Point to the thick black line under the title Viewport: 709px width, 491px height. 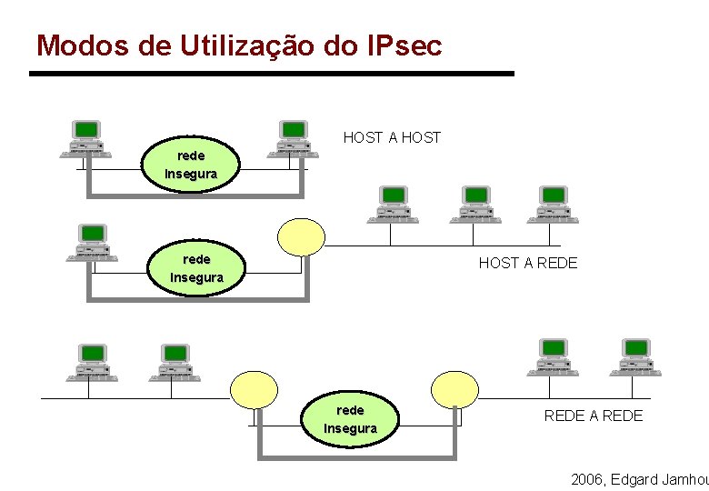click(272, 73)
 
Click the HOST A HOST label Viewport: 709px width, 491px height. click(392, 137)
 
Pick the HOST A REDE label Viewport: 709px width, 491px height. click(528, 263)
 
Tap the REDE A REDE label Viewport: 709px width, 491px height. click(593, 416)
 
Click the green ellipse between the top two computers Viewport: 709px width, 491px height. click(191, 165)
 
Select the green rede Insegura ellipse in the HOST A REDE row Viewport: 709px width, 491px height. click(197, 268)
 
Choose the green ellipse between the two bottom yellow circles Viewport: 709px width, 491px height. click(350, 419)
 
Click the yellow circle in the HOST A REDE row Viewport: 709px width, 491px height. click(301, 236)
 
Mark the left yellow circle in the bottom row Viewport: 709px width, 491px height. click(254, 389)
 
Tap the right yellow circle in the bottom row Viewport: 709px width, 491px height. click(454, 389)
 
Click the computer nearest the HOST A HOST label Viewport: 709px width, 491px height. click(293, 139)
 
